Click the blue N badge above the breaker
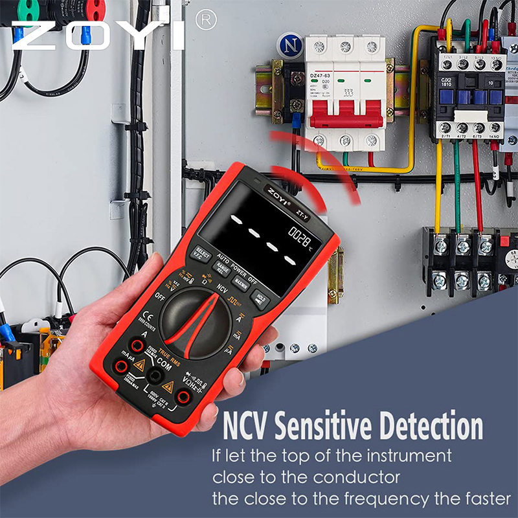289,45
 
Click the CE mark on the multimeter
146,317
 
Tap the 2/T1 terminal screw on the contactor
445,128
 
